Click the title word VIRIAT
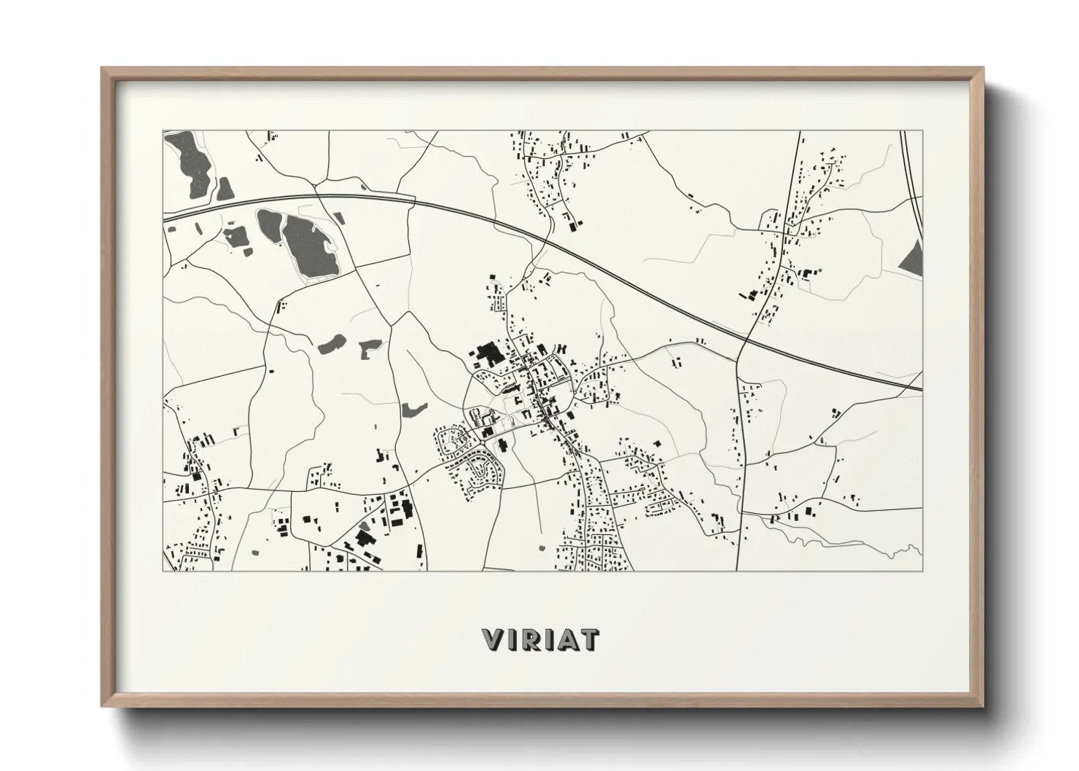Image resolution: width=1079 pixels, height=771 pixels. [x=540, y=639]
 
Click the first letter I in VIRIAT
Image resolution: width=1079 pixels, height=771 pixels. [x=510, y=639]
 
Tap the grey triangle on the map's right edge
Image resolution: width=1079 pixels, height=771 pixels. [x=912, y=258]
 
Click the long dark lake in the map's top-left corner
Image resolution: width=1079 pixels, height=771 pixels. [x=192, y=165]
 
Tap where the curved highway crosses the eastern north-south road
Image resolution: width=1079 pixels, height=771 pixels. [x=745, y=339]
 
